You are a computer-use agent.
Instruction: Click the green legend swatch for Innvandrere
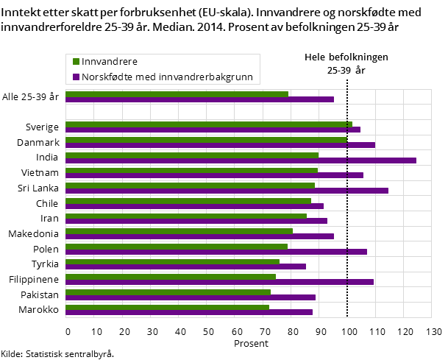pyautogui.click(x=74, y=62)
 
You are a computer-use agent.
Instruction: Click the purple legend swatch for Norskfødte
pyautogui.click(x=74, y=77)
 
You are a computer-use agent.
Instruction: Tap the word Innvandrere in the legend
pyautogui.click(x=110, y=62)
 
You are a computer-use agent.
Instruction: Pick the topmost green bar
pyautogui.click(x=177, y=93)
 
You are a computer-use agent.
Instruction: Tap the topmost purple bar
pyautogui.click(x=199, y=99)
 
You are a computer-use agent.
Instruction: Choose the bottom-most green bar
pyautogui.click(x=167, y=307)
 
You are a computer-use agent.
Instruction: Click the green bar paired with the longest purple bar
pyautogui.click(x=191, y=155)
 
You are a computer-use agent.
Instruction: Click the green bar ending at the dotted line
pyautogui.click(x=206, y=139)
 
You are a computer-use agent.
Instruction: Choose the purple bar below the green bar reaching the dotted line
pyautogui.click(x=220, y=145)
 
